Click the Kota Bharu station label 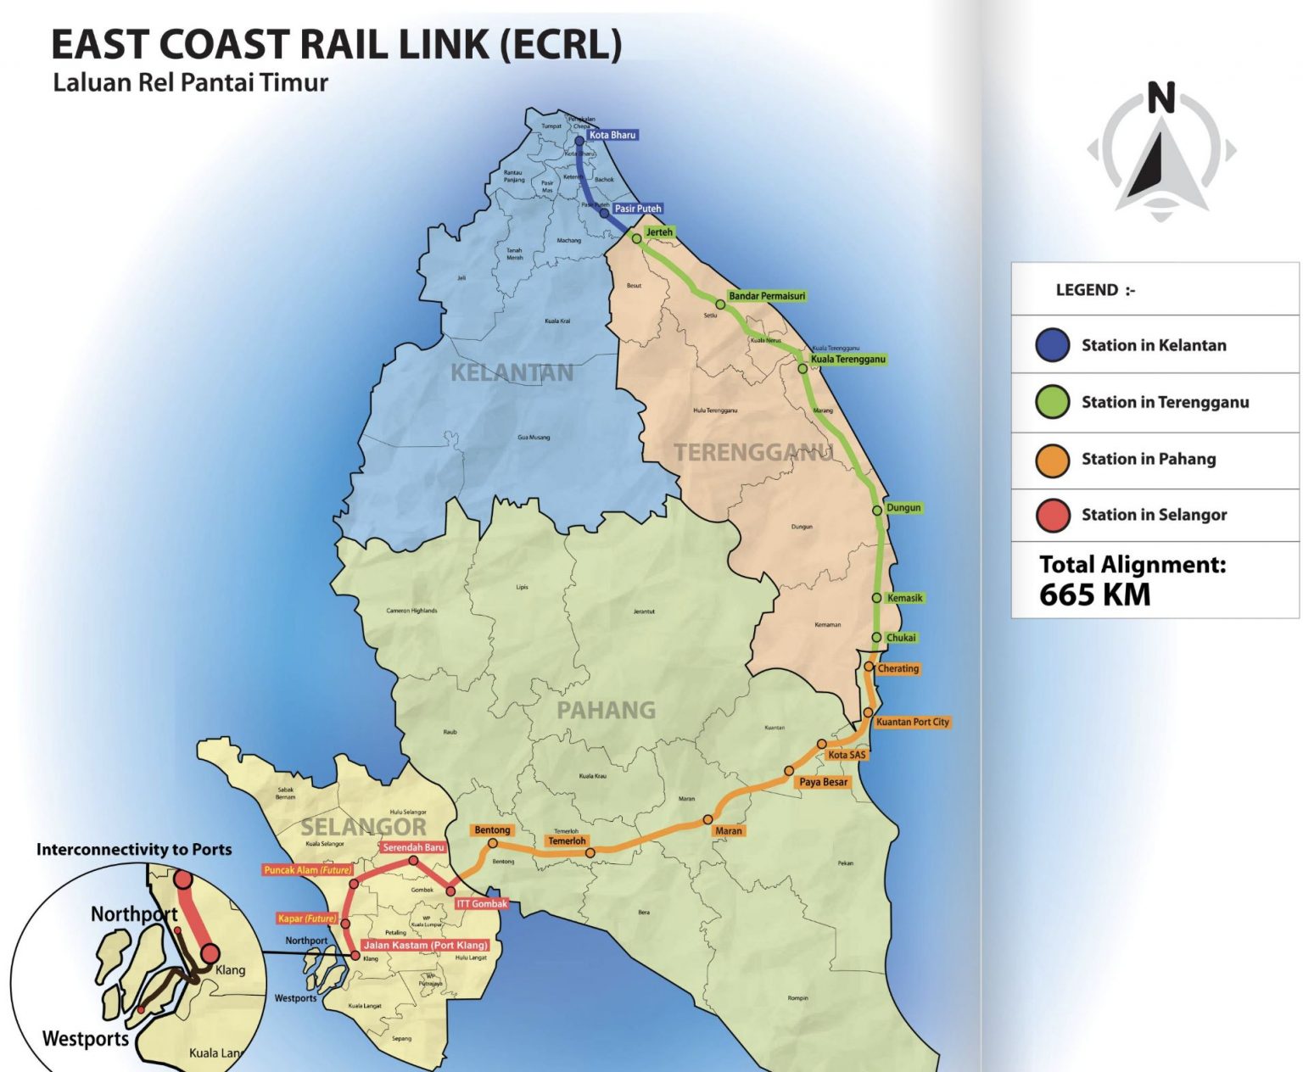click(x=612, y=135)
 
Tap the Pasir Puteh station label click(x=637, y=209)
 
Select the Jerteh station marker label click(x=659, y=232)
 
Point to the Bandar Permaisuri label click(x=767, y=296)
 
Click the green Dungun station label click(x=903, y=507)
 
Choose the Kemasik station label click(x=904, y=598)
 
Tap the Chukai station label click(x=901, y=638)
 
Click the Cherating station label click(x=898, y=668)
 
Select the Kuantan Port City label click(x=913, y=722)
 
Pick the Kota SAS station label click(x=847, y=755)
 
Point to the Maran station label click(x=729, y=831)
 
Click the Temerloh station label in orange click(x=567, y=841)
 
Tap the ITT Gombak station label click(x=482, y=904)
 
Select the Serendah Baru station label click(x=413, y=847)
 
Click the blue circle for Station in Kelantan click(x=1052, y=345)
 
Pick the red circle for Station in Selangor click(x=1052, y=515)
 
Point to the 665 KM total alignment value click(x=1094, y=595)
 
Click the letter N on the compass click(x=1161, y=98)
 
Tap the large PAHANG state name click(x=606, y=710)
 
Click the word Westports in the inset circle click(x=85, y=1039)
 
